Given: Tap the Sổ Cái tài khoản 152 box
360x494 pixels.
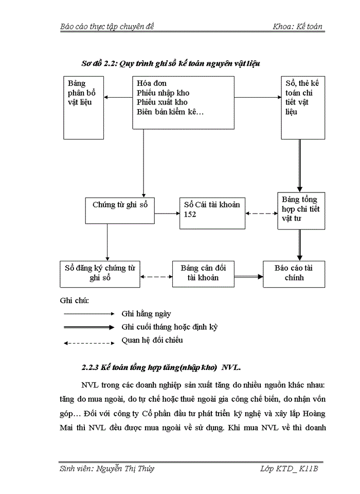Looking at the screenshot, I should (212, 213).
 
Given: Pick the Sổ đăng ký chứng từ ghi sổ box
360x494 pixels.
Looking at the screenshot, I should (100, 274).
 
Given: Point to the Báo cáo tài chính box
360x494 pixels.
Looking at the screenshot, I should (294, 274).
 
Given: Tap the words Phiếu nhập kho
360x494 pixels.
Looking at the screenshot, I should (163, 93).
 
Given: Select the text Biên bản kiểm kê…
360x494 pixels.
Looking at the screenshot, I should (170, 112).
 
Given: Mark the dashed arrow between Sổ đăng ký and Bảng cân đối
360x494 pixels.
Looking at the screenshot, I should (156, 277).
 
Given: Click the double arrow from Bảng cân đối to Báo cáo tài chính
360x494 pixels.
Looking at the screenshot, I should (248, 277).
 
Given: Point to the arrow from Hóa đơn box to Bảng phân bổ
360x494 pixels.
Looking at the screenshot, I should (118, 97).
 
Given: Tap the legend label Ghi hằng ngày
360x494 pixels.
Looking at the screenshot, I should (146, 313).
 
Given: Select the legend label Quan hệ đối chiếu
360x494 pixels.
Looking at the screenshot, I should (152, 340).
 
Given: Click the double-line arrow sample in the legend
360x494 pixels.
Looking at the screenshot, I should (88, 327).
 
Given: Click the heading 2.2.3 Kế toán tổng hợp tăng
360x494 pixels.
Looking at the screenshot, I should (161, 368).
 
